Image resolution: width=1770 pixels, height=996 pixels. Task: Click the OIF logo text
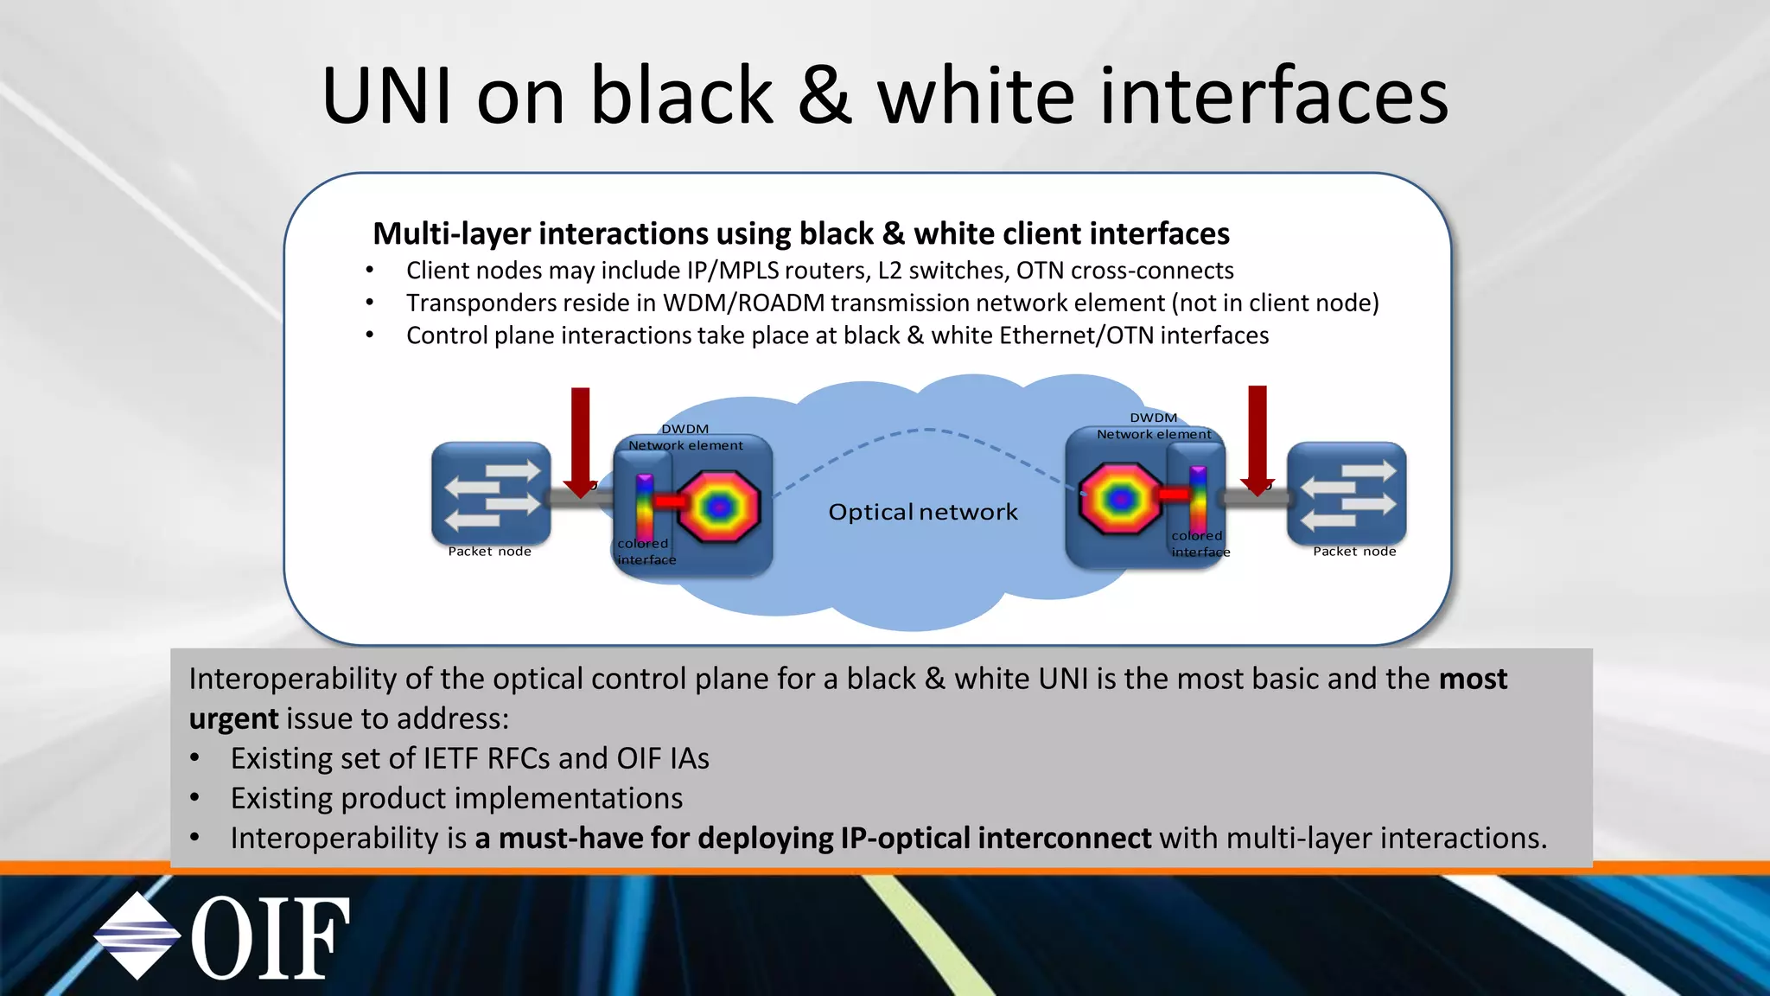click(270, 939)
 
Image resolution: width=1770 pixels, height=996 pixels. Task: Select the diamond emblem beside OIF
click(137, 935)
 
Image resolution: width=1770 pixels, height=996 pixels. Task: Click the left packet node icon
click(491, 493)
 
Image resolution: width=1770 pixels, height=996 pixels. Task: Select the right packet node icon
click(1347, 493)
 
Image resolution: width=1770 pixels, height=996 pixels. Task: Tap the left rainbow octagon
click(719, 507)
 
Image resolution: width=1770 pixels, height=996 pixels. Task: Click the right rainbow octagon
click(1119, 498)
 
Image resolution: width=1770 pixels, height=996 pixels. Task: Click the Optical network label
click(923, 512)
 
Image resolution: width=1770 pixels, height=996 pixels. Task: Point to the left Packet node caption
click(489, 552)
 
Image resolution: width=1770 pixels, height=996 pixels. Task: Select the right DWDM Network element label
click(1154, 426)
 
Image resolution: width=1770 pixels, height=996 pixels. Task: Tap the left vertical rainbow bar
click(645, 506)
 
